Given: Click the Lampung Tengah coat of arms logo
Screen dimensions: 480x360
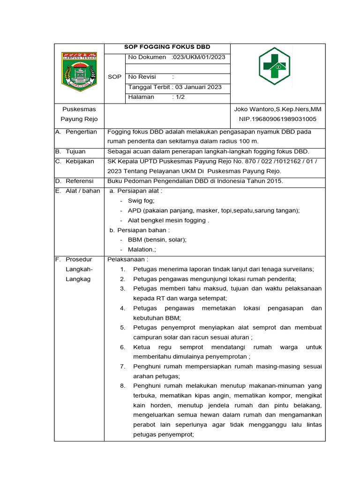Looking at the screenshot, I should coord(79,72).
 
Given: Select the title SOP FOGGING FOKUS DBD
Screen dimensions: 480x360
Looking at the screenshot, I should coord(167,47).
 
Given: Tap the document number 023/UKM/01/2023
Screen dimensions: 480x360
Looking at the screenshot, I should coord(199,57).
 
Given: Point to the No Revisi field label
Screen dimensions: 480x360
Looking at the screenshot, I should coord(142,77).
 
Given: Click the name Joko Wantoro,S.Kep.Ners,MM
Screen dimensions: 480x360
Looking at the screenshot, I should coord(277,109).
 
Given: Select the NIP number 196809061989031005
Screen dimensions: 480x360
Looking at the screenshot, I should coord(277,119).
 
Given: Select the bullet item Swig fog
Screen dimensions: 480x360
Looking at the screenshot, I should coord(138,201).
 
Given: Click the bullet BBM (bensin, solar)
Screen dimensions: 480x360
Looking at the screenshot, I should coord(157,240).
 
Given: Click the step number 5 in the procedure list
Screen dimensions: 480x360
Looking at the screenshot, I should coord(122,328).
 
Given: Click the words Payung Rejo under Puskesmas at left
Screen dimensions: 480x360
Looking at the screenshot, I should coord(79,119).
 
